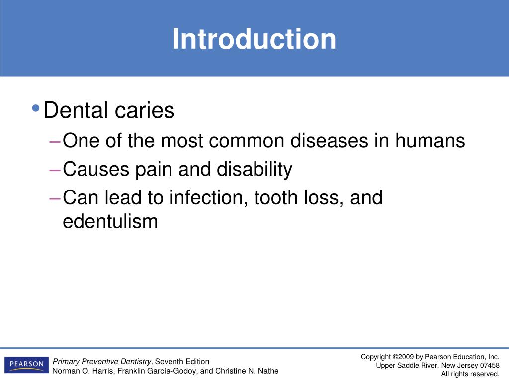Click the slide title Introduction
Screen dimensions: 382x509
click(254, 39)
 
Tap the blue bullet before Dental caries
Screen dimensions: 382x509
click(35, 108)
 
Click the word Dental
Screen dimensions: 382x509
click(76, 110)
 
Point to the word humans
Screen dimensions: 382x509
click(430, 141)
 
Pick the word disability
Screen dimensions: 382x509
click(254, 170)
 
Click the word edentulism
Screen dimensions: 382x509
click(110, 221)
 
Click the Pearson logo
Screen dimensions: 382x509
click(27, 365)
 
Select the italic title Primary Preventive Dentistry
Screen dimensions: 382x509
click(103, 361)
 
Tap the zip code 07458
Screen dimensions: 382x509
click(489, 365)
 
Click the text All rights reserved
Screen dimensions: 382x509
click(470, 374)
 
